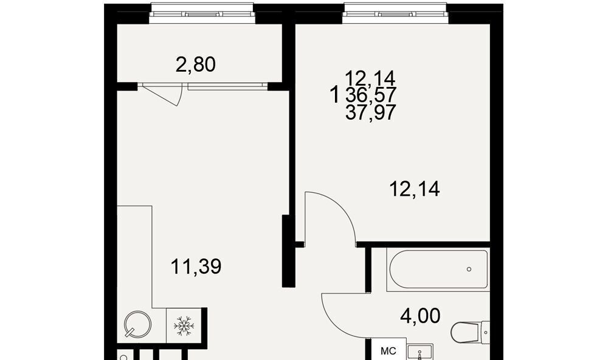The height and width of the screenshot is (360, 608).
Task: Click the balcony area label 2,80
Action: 195,65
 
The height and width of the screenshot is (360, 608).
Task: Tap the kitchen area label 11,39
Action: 196,266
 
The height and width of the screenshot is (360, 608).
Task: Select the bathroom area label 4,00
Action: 420,316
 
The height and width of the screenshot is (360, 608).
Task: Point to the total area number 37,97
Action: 371,112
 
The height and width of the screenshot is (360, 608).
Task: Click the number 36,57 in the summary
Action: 371,95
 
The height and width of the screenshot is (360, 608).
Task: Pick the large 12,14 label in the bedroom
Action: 415,189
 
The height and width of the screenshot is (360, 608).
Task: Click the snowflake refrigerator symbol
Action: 184,325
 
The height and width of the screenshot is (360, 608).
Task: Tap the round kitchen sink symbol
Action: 137,324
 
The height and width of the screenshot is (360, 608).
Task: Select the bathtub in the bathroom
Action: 438,269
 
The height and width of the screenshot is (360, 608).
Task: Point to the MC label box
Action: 388,351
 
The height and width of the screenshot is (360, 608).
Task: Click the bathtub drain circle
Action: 469,269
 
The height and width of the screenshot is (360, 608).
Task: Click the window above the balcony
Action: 202,13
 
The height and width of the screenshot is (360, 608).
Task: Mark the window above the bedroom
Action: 395,13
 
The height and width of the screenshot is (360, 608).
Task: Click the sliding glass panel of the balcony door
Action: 227,87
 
